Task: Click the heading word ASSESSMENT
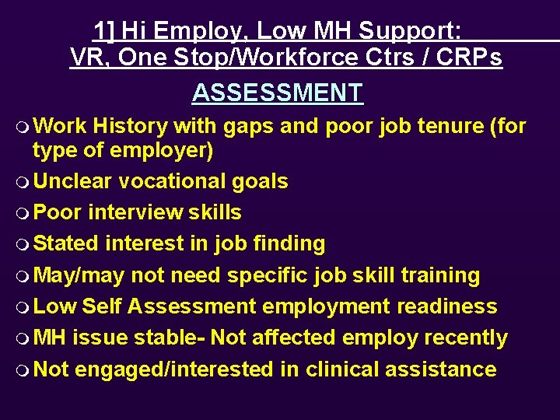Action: pos(277,93)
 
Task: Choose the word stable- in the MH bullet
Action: pos(169,338)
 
